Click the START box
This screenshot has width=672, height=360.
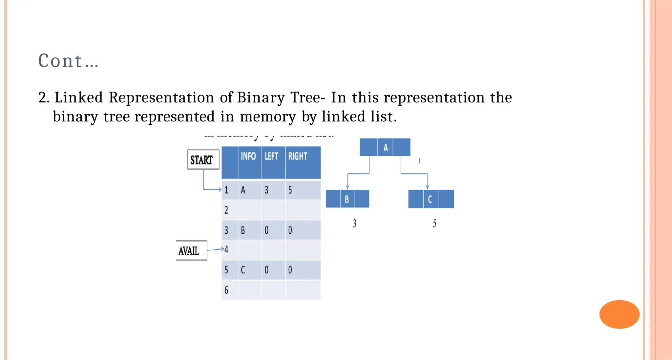pos(203,159)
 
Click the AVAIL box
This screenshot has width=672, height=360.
pos(191,251)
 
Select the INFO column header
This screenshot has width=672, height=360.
pos(248,156)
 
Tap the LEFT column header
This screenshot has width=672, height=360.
pos(272,156)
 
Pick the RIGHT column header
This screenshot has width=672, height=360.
pos(298,156)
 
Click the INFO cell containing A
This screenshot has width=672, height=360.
pos(243,190)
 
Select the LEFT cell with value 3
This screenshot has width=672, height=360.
pos(267,190)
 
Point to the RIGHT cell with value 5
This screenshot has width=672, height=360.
pos(290,190)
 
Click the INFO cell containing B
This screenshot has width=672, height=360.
pos(243,230)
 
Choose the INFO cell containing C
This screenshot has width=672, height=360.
pos(243,270)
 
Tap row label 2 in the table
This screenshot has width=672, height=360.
pos(226,210)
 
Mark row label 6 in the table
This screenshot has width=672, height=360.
pos(226,290)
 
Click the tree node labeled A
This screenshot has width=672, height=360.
pos(385,147)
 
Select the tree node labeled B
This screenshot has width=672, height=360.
pos(347,199)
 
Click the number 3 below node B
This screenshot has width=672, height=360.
pos(354,223)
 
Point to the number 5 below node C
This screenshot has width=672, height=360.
pos(434,223)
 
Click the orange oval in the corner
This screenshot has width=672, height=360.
pos(619,314)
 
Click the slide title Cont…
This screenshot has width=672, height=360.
pos(68,61)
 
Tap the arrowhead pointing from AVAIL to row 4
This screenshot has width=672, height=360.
pos(222,249)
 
